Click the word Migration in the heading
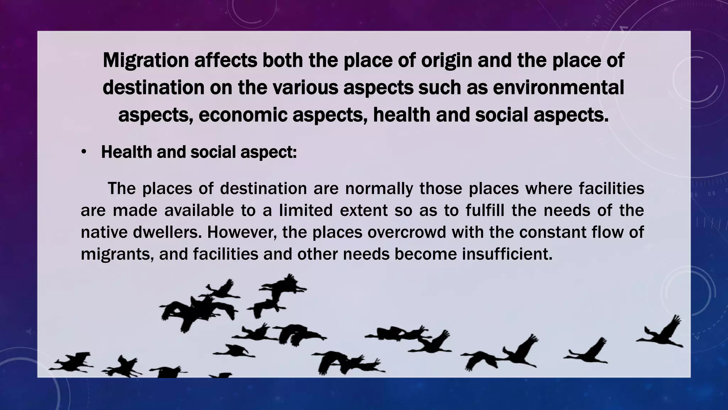tap(145, 61)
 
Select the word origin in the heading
tap(446, 61)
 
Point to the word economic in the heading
tap(243, 115)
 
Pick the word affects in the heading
tap(225, 61)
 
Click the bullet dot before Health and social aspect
tap(84, 152)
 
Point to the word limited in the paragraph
tap(306, 210)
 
